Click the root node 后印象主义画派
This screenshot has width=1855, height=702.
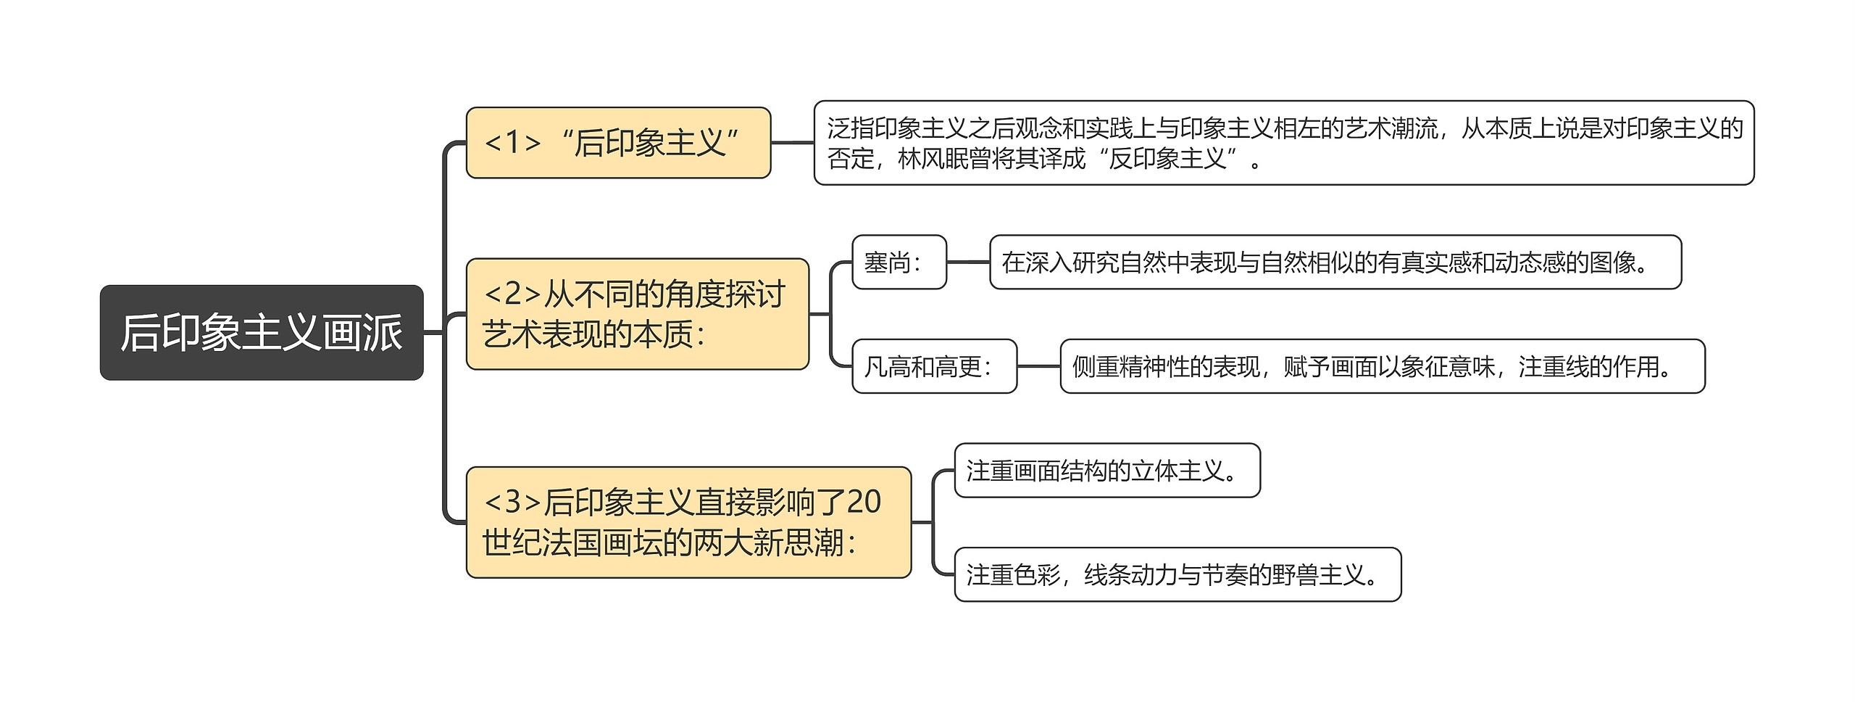coord(261,332)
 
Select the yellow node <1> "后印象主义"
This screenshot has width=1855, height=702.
coord(618,143)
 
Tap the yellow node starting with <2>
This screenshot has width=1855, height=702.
coord(637,314)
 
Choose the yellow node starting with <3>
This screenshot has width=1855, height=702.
coord(688,522)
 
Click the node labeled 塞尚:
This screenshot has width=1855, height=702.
coord(899,263)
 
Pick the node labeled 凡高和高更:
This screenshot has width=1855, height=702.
coord(933,366)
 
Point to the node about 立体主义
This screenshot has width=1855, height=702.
coord(1106,471)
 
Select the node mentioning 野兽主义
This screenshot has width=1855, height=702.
coord(1177,574)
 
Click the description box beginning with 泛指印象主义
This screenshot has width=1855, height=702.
coord(1283,143)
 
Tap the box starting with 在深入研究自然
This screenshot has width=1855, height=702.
coord(1335,263)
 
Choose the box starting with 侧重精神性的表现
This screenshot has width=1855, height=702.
coord(1382,366)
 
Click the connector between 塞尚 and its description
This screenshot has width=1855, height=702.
coord(968,263)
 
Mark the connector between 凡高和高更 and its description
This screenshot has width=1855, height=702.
coord(1038,366)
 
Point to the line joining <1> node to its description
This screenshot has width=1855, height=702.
coord(792,143)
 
